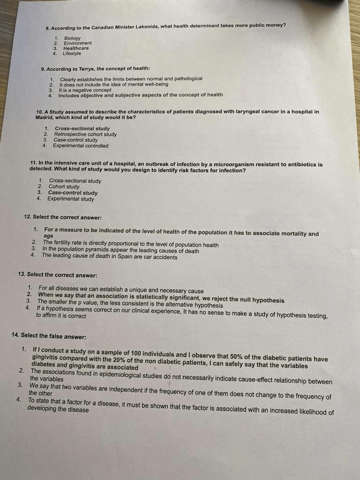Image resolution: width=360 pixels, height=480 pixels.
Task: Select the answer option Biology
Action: [72, 38]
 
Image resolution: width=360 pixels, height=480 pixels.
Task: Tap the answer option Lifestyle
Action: [71, 54]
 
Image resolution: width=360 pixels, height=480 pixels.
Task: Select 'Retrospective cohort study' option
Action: [85, 135]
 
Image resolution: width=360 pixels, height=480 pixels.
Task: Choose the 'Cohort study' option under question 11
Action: [64, 187]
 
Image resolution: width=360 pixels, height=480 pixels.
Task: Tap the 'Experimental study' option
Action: [70, 199]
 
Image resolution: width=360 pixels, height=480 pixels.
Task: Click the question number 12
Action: [27, 217]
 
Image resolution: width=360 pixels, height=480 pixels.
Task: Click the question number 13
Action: [22, 275]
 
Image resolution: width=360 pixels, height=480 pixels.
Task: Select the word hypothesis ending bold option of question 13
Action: [265, 301]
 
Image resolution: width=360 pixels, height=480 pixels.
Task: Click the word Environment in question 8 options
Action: [78, 43]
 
